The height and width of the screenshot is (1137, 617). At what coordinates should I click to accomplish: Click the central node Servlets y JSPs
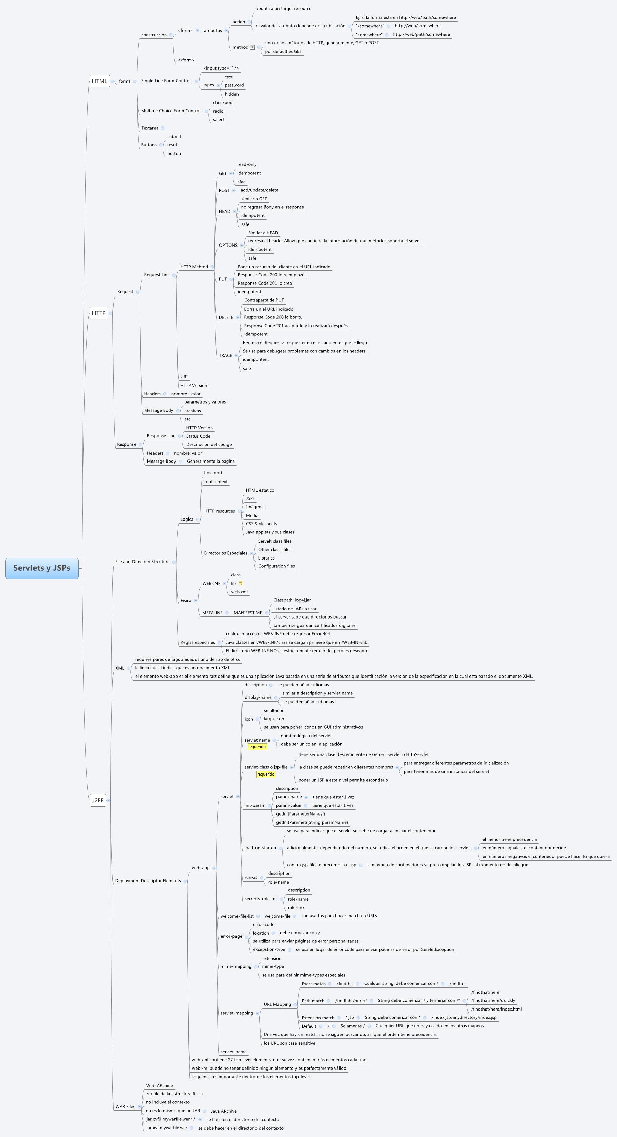(42, 568)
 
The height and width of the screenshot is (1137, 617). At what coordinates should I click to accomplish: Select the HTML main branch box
(100, 81)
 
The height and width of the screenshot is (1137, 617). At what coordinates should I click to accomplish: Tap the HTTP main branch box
(99, 313)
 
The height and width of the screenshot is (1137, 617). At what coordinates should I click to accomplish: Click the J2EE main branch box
(98, 800)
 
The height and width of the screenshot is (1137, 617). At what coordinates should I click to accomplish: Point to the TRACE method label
(225, 356)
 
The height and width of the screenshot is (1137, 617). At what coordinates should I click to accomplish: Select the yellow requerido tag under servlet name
(257, 747)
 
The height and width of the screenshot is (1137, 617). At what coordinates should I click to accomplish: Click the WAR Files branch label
(125, 1106)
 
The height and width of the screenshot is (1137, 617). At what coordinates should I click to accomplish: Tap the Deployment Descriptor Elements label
(148, 881)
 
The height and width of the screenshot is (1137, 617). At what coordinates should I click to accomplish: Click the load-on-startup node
(260, 848)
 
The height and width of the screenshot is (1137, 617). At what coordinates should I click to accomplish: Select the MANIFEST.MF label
(248, 613)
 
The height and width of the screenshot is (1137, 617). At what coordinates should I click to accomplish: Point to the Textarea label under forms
(149, 128)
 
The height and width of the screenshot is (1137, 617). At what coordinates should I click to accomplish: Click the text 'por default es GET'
(284, 51)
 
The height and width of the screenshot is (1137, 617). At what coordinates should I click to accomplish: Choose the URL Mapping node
(277, 1005)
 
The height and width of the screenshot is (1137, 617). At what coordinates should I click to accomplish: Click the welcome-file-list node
(237, 916)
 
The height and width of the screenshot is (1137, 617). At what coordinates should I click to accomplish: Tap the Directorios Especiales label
(226, 553)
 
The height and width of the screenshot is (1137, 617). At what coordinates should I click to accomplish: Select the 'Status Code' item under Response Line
(198, 436)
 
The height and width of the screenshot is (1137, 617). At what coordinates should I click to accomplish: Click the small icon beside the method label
(252, 47)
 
